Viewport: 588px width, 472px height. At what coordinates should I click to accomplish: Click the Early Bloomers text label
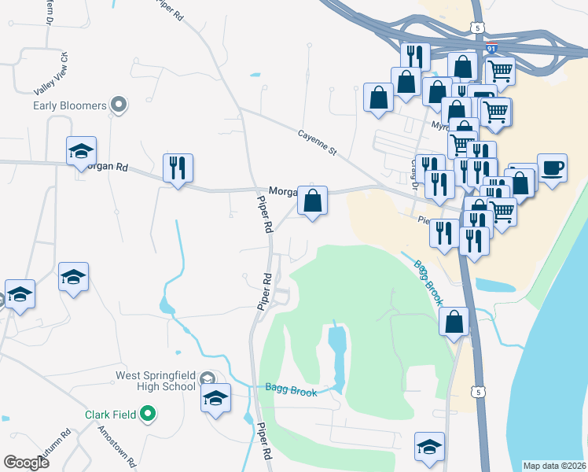(x=70, y=105)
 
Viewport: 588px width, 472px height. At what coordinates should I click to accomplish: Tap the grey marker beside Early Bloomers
(x=119, y=104)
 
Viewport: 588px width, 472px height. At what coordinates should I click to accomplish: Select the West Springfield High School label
(x=155, y=381)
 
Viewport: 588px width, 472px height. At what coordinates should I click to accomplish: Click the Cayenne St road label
(x=317, y=141)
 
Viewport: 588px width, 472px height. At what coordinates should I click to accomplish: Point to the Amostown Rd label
(x=117, y=446)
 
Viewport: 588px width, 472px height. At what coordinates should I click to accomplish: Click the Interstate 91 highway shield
(x=491, y=48)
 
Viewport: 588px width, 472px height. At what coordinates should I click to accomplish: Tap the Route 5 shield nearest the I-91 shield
(x=477, y=28)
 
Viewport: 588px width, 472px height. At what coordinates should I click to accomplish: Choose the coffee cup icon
(x=552, y=168)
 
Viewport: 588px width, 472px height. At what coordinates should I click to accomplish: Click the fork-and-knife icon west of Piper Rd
(x=178, y=168)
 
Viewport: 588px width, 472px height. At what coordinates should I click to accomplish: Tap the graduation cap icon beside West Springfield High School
(x=215, y=398)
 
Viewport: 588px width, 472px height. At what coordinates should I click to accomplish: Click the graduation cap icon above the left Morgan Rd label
(x=80, y=152)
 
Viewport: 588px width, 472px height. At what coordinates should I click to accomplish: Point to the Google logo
(x=26, y=463)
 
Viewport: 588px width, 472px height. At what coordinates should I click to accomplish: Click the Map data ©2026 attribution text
(x=553, y=466)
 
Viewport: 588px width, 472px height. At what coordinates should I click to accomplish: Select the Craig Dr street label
(x=413, y=170)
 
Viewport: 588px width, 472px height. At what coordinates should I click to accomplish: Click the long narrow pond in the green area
(x=336, y=354)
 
